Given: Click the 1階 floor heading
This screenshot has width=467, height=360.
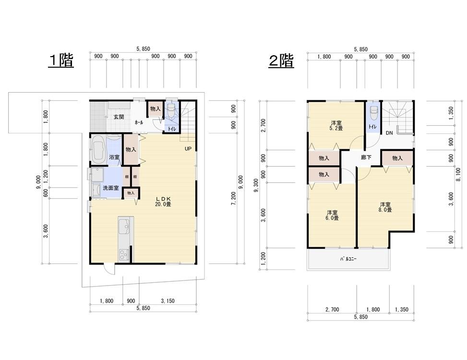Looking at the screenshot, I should (61, 61).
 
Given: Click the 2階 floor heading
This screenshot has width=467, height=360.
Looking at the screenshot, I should (281, 61).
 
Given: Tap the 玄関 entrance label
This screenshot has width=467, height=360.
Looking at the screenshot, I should (119, 117).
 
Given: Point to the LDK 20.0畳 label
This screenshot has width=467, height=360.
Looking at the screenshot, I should (163, 201).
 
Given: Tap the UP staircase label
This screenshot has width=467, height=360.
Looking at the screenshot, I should (188, 149).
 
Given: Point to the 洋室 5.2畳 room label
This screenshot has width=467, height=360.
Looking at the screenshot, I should (335, 125).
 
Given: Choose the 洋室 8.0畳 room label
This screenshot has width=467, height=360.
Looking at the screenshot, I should (385, 207).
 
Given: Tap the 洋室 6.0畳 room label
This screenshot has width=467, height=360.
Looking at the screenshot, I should (333, 215).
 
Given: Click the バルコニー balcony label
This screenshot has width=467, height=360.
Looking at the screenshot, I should (348, 259).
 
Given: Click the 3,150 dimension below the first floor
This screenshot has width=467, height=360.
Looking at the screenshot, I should (168, 301).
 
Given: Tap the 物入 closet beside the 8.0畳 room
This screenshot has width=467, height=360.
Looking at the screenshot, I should (397, 158).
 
